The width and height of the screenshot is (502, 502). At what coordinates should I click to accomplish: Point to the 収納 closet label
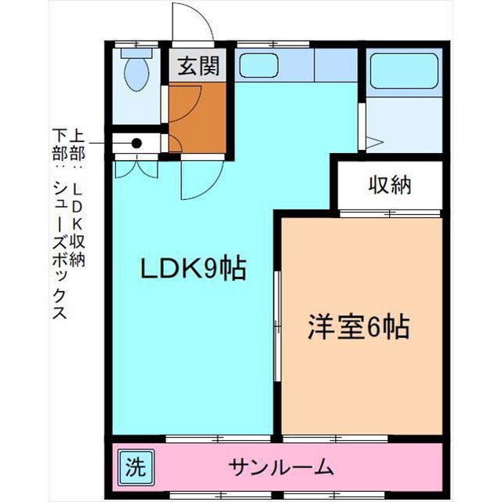tap(391, 186)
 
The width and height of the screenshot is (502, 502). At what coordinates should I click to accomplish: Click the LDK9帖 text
tap(193, 269)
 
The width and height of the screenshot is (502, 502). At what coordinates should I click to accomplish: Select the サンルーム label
tap(282, 468)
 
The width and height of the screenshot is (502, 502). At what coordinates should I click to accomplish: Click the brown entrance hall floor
tap(197, 118)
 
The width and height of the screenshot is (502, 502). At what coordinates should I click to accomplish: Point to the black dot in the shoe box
tap(136, 144)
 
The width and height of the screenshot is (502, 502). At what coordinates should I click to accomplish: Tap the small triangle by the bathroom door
tap(373, 143)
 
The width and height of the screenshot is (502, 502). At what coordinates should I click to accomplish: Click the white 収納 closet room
tap(391, 186)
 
